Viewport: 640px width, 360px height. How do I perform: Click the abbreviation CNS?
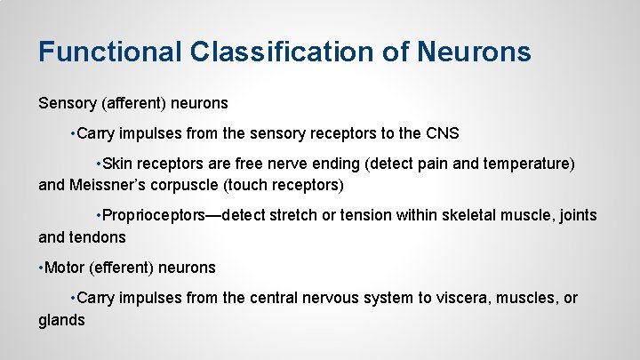(x=442, y=133)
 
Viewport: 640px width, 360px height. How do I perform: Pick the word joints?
(x=575, y=215)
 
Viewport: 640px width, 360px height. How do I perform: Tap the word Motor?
(x=65, y=268)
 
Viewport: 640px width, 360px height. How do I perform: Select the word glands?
(x=61, y=320)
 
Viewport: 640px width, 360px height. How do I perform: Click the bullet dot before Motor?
(x=41, y=268)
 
